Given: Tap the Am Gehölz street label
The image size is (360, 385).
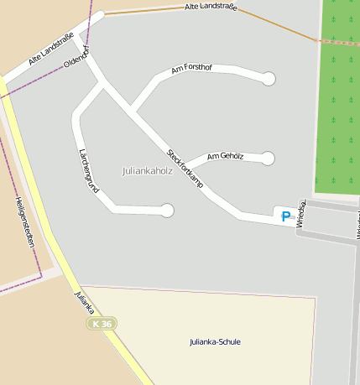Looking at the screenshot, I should pyautogui.click(x=224, y=157).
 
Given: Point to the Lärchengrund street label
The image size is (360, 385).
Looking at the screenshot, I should pyautogui.click(x=87, y=170).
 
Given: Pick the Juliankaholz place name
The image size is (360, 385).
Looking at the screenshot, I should pyautogui.click(x=149, y=170).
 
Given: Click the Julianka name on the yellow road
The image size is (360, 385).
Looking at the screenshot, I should pyautogui.click(x=82, y=303).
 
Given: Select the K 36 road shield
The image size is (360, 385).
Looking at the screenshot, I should pyautogui.click(x=103, y=324).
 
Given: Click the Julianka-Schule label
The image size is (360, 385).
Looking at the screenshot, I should pyautogui.click(x=214, y=341).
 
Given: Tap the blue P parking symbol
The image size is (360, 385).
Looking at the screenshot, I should pyautogui.click(x=285, y=216).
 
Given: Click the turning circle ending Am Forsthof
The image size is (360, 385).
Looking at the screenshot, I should pyautogui.click(x=269, y=80).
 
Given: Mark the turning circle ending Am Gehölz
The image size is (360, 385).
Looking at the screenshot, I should pyautogui.click(x=269, y=158).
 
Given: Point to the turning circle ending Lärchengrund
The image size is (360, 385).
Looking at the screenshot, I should pyautogui.click(x=167, y=211).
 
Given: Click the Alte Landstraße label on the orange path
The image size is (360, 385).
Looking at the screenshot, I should pyautogui.click(x=211, y=7).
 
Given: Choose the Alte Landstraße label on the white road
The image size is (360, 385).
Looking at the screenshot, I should pyautogui.click(x=51, y=49).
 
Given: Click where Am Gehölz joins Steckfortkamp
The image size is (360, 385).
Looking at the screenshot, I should pyautogui.click(x=184, y=165).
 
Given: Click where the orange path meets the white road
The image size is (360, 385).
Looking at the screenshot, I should pyautogui.click(x=101, y=14).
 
